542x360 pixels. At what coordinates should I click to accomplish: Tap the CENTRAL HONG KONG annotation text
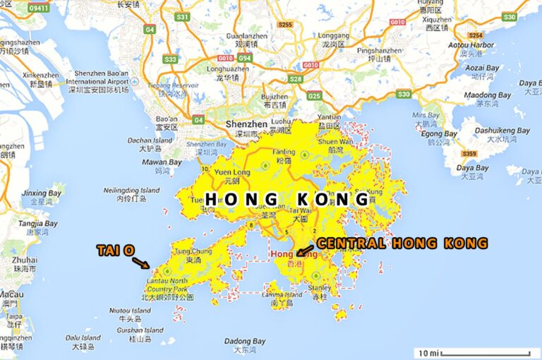click(402, 244)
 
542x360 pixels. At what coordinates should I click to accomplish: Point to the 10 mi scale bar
click(474, 352)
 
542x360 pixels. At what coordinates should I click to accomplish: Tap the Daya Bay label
click(472, 168)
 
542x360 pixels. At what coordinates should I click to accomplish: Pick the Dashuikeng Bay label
click(502, 131)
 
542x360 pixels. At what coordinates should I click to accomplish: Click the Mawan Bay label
click(162, 162)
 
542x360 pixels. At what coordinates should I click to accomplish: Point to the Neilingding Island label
click(132, 191)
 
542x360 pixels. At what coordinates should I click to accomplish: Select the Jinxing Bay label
click(42, 193)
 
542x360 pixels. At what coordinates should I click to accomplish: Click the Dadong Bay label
click(245, 341)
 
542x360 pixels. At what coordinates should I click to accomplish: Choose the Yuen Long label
click(232, 172)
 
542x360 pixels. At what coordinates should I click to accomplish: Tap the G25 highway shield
click(314, 95)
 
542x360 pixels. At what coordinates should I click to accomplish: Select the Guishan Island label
click(140, 330)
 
